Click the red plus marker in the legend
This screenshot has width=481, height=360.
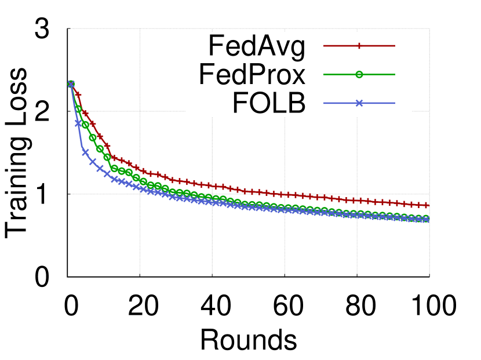(x=359, y=46)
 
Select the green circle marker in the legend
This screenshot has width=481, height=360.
(x=359, y=74)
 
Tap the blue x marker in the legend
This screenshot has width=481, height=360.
(x=359, y=103)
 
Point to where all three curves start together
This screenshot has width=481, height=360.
(x=71, y=83)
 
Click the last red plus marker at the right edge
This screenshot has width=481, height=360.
(x=427, y=205)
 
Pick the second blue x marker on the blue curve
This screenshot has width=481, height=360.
(x=78, y=123)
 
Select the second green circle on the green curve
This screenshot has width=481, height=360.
(x=78, y=108)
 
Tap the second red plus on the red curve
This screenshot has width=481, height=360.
(x=78, y=94)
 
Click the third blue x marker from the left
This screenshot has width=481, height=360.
(x=85, y=152)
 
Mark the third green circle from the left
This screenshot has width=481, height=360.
(x=85, y=125)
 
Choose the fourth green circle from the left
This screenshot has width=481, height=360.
(x=93, y=138)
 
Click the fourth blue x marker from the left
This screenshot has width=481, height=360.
(x=93, y=162)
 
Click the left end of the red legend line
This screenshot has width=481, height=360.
(x=324, y=46)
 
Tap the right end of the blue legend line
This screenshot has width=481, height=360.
(x=395, y=103)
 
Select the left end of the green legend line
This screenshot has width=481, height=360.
(x=324, y=74)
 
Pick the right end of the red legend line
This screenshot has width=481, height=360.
(x=395, y=46)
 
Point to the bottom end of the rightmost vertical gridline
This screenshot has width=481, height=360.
(x=429, y=273)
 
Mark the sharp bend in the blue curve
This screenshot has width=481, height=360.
(x=82, y=147)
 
